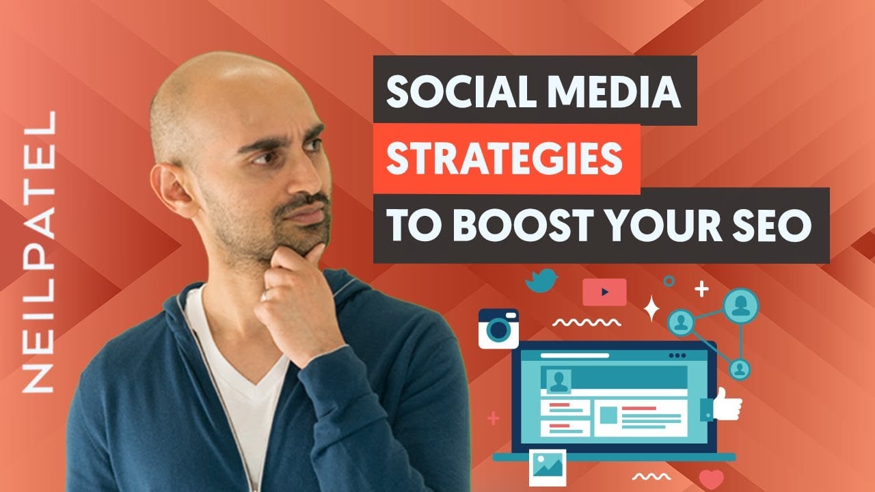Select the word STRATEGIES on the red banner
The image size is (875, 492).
[504, 158]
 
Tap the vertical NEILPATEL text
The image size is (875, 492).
[39, 252]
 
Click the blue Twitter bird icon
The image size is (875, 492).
[541, 280]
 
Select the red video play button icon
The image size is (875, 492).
[604, 292]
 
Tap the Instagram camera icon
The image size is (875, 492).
[498, 329]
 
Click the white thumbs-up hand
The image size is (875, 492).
[727, 405]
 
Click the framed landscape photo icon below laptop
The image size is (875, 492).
[548, 467]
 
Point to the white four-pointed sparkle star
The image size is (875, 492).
[651, 308]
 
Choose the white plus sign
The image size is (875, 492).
[701, 289]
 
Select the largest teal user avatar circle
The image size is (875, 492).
[740, 305]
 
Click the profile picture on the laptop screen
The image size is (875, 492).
[558, 381]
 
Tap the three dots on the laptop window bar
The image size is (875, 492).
[677, 356]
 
